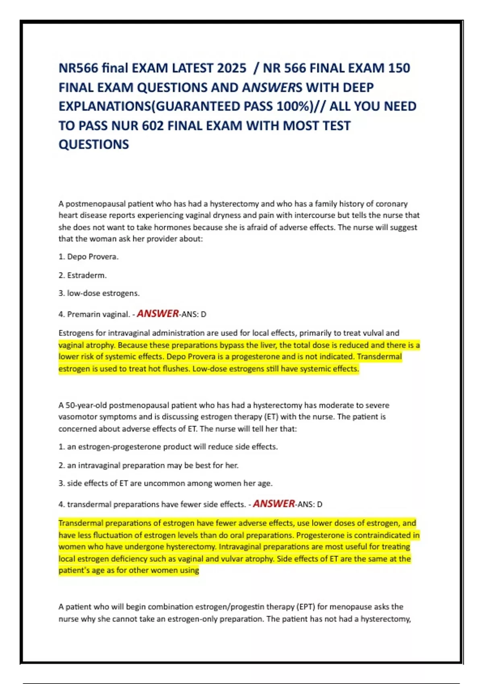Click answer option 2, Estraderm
click(83, 275)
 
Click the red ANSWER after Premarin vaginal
click(158, 313)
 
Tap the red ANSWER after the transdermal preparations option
click(274, 504)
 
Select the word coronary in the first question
click(391, 204)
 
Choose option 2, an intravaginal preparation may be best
click(148, 466)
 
